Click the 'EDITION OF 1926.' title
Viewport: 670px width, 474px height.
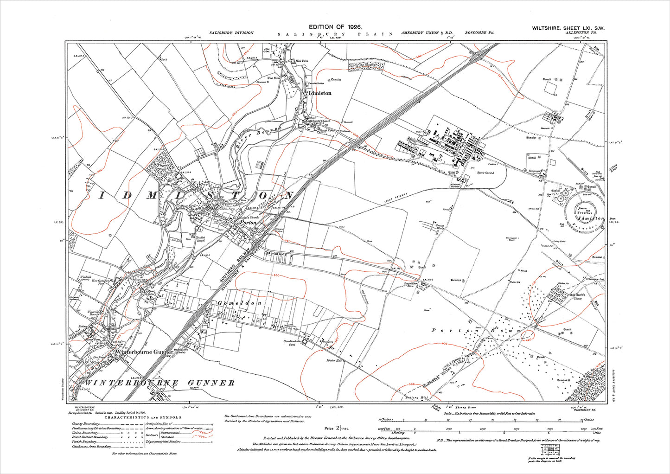335,28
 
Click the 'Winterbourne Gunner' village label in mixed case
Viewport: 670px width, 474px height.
144,352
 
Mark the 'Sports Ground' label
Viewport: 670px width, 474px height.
485,173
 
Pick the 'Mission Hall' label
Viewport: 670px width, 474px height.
333,360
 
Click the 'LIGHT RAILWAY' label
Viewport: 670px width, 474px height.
395,198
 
